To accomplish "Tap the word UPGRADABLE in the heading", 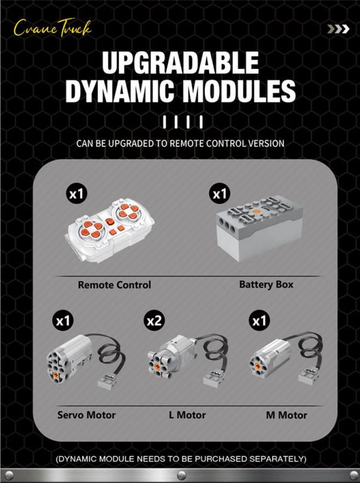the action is pos(181,63).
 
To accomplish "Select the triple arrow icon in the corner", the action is pos(338,29).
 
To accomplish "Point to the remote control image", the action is pos(110,230).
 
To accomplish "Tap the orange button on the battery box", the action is pos(257,212).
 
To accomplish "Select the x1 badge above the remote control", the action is pos(77,194).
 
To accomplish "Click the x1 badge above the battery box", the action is pos(220,194).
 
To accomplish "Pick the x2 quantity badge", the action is pos(154,321).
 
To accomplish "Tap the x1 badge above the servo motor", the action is pos(63,321).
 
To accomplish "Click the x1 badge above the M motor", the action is pos(259,321).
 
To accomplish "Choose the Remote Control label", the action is pos(115,285).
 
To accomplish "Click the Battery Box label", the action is pos(266,284).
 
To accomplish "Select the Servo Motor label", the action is pos(86,415).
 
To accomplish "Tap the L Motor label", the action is pos(187,415).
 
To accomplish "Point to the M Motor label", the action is pos(287,415).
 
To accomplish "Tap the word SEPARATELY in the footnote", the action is pos(277,459).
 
